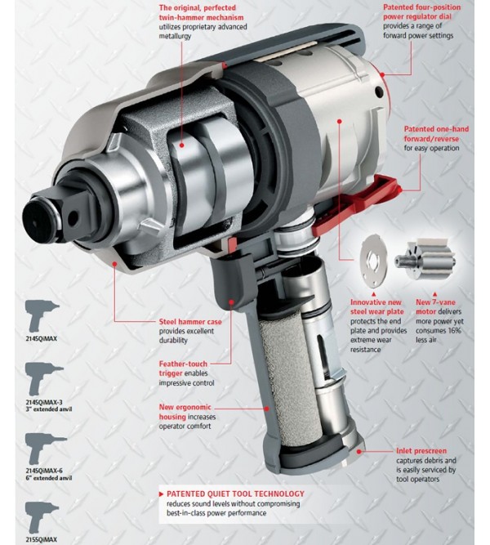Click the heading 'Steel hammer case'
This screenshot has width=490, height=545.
click(x=190, y=322)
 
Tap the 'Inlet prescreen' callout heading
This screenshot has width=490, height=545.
click(x=421, y=451)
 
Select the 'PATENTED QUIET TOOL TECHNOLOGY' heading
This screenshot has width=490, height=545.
click(x=235, y=494)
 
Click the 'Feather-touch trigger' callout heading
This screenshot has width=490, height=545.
click(x=183, y=369)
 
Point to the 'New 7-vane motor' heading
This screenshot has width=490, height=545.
click(x=435, y=306)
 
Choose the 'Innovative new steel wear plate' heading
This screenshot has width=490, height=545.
click(x=376, y=306)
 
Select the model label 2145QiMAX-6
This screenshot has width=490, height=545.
click(x=44, y=471)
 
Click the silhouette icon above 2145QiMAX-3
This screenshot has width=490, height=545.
click(x=44, y=378)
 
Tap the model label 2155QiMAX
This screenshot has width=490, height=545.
click(x=41, y=539)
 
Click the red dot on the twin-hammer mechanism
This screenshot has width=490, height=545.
click(x=181, y=145)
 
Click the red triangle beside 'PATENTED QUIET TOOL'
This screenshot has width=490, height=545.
click(x=161, y=494)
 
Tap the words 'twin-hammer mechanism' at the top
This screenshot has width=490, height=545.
click(x=201, y=17)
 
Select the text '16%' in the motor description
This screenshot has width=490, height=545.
click(x=454, y=331)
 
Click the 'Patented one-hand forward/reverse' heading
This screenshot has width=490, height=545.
click(x=436, y=134)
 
